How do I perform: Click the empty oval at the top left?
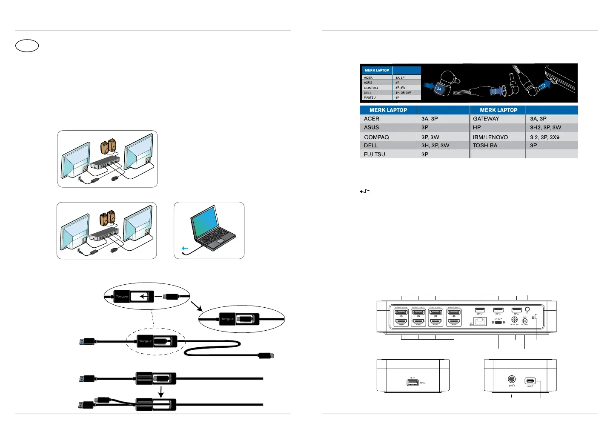27,46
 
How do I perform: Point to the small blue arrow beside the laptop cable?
184,248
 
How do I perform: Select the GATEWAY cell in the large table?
486,119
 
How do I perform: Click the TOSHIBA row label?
485,146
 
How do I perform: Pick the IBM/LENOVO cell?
490,137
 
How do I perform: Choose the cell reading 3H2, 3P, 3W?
545,127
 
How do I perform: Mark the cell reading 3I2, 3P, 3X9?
544,137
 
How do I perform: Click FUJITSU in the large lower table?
374,154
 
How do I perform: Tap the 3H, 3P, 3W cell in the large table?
435,146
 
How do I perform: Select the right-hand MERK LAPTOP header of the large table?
498,110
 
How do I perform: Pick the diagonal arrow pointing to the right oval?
196,306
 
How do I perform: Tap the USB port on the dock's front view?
412,382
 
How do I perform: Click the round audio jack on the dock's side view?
512,379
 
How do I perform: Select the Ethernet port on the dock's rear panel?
480,321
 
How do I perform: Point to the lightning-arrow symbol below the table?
365,191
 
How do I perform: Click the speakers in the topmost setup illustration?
108,146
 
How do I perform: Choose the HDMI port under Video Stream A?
401,322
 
